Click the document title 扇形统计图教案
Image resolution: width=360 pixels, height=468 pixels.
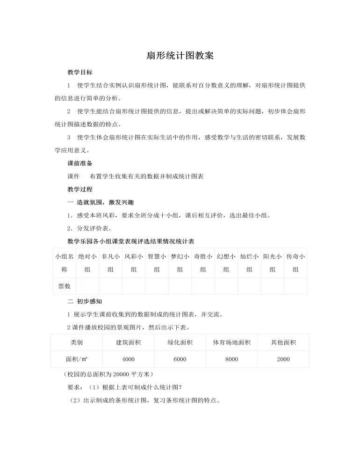coord(180,56)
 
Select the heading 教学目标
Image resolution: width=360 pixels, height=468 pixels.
coord(80,73)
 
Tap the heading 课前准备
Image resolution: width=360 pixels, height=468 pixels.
coord(80,163)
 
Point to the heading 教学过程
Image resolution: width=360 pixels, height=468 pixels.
coord(80,190)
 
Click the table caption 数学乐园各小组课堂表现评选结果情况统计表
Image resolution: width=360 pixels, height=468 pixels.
coord(131,241)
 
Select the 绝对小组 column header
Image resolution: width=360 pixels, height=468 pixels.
coord(87,263)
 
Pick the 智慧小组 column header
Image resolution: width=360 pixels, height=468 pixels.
coord(157,263)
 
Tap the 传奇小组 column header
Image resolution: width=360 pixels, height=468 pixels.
coord(295,263)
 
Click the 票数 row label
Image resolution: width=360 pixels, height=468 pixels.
coord(65,286)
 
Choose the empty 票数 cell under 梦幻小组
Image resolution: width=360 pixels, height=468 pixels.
coord(180,286)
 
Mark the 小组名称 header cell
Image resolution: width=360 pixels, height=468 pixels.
coord(65,263)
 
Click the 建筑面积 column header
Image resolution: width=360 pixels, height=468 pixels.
coord(128,343)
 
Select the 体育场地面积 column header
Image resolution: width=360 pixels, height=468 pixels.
coord(231,343)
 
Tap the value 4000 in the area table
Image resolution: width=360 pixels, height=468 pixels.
coord(128,359)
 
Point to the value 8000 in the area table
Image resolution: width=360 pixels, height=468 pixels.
coord(231,359)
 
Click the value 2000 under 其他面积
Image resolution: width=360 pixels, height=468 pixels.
coord(283,359)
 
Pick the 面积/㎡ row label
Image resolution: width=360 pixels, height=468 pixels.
coord(77,359)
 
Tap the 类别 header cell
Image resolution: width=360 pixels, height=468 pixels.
coord(77,343)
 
